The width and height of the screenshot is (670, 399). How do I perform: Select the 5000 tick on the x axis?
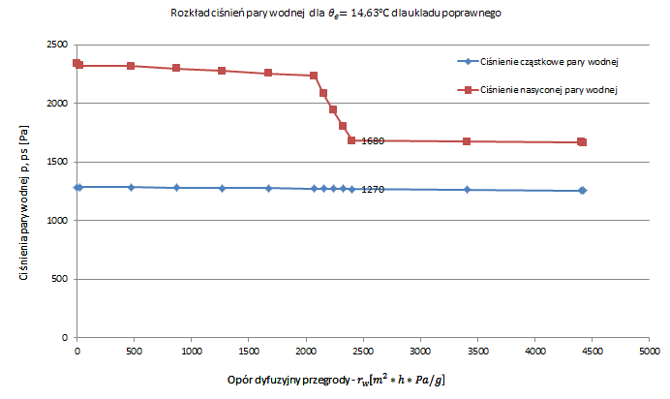tap(649, 350)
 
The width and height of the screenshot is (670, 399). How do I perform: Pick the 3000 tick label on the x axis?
tap(420, 350)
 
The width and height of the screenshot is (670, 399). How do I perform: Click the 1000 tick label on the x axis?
tap(192, 350)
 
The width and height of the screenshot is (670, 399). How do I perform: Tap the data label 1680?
tap(373, 141)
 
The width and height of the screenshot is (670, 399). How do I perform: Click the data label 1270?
tap(373, 190)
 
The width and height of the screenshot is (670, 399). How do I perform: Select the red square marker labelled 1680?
tap(351, 140)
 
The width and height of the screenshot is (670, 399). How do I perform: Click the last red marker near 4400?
tap(582, 142)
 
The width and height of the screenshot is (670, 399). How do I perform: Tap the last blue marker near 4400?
tap(582, 191)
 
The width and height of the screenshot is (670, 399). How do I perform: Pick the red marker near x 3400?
tap(467, 141)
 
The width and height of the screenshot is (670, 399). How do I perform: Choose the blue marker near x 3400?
tap(467, 190)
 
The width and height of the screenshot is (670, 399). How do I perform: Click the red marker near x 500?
tap(131, 66)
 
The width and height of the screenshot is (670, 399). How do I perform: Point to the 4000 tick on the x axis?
tap(534, 350)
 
